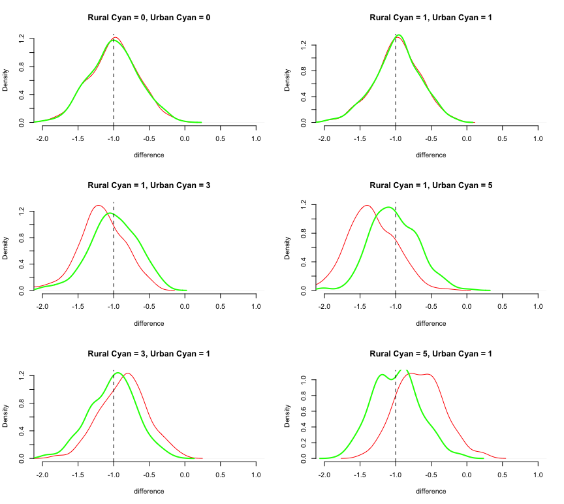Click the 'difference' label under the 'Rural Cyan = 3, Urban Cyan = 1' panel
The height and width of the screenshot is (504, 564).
pyautogui.click(x=149, y=492)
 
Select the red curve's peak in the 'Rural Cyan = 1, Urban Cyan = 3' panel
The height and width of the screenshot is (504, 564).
pyautogui.click(x=99, y=206)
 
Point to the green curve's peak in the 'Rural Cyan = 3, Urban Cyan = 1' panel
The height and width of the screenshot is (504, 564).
pyautogui.click(x=118, y=373)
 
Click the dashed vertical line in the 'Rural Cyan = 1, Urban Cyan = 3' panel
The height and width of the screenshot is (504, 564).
pyautogui.click(x=114, y=261)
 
